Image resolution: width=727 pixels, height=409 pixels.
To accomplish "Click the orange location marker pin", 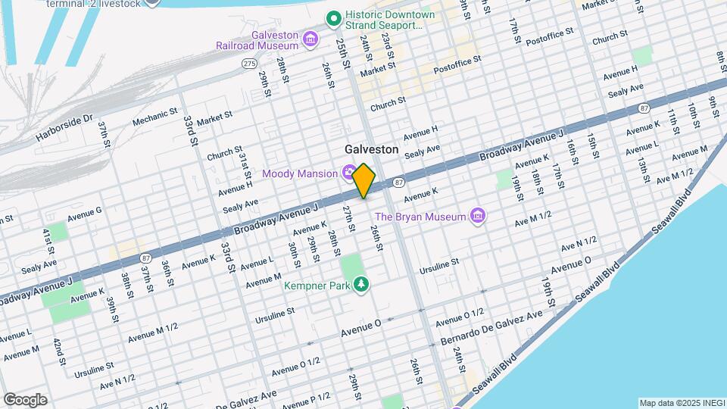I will click(x=364, y=180).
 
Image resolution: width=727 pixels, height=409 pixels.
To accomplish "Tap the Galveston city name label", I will click(x=371, y=149).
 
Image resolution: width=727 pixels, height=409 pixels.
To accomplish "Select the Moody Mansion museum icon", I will click(x=349, y=173).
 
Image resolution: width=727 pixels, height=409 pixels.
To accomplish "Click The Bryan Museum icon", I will click(x=477, y=217).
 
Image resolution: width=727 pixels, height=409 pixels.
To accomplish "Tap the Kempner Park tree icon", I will click(x=363, y=285).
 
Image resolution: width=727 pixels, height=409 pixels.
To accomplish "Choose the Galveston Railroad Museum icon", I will click(x=310, y=39).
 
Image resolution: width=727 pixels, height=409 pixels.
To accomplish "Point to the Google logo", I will click(x=25, y=399).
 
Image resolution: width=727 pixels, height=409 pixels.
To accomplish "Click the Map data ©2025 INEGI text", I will click(x=680, y=402).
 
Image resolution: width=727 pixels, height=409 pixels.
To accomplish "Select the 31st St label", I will click(x=245, y=161).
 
